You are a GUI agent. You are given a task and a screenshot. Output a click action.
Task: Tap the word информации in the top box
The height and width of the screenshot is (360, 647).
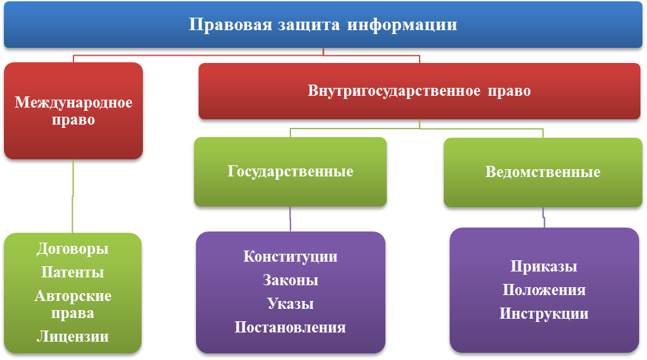pos(402,26)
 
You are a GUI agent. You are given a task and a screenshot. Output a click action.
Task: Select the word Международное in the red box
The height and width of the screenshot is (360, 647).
pos(73,103)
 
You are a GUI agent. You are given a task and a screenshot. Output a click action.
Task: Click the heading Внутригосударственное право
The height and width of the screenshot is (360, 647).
pos(420,90)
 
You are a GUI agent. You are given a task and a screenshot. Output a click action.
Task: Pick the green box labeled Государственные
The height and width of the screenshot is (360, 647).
pos(290,172)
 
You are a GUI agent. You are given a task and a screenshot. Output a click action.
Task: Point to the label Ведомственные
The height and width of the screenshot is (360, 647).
pos(543,172)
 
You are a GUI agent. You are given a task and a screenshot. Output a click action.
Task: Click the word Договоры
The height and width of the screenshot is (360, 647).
pos(73,249)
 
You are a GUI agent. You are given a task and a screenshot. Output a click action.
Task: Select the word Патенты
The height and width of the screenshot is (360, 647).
pos(73,272)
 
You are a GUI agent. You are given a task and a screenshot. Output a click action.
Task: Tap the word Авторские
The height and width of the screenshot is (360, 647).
pos(73,296)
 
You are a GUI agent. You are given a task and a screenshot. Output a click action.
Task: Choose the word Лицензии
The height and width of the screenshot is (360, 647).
pos(73,337)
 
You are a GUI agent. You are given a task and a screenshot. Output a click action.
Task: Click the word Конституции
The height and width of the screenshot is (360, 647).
pos(290,256)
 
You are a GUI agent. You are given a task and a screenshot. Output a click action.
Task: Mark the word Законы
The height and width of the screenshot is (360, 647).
pos(290,280)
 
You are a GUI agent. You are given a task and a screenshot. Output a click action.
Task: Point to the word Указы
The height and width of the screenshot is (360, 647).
pos(290,304)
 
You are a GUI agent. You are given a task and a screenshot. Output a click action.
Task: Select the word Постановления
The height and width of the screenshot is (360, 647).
pos(290,327)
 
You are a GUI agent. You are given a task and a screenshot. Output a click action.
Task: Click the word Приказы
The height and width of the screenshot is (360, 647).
pos(544,267)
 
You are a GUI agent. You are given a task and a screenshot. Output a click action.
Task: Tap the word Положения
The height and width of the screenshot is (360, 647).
pos(544,290)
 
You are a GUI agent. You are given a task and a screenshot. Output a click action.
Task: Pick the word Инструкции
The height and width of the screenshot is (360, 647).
pos(544,313)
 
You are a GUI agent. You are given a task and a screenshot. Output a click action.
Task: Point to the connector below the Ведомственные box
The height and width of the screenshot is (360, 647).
pos(543,217)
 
